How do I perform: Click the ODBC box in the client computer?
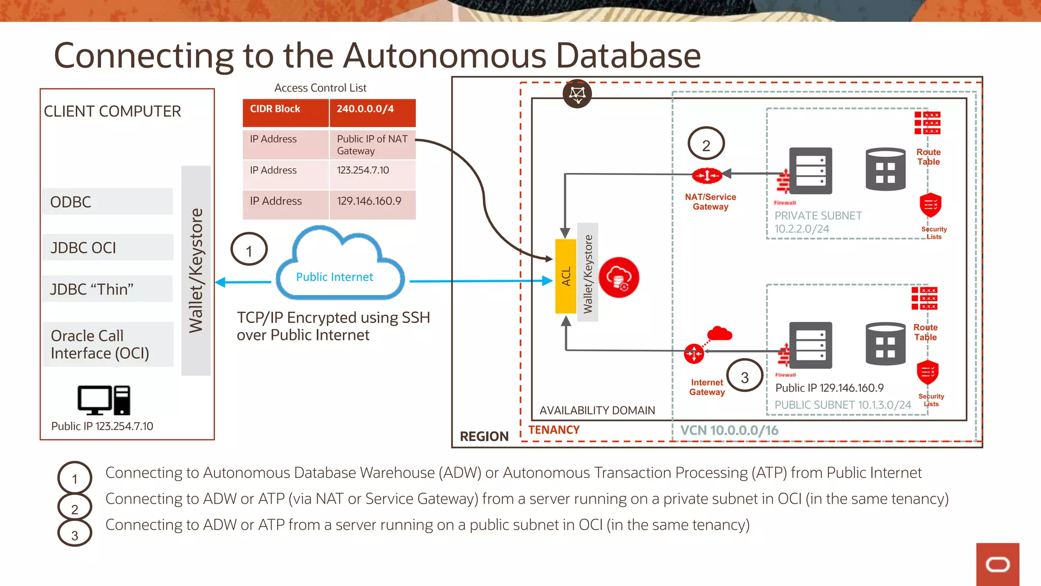coord(107,202)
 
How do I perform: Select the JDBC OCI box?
coord(107,248)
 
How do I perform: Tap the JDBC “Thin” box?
coord(107,289)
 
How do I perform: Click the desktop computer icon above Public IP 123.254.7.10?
coord(104,400)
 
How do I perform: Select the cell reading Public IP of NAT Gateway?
coord(372,145)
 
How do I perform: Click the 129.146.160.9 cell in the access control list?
coord(372,201)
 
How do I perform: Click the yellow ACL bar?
coord(566,276)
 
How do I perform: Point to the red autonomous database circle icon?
coord(619,277)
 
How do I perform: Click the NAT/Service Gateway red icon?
coord(707,176)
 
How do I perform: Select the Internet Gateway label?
coord(707,387)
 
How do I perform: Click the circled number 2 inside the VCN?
coord(706,144)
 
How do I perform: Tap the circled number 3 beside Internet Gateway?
coord(745,376)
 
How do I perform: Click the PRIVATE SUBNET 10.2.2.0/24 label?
coord(817,222)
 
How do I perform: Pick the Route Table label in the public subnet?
coord(925,332)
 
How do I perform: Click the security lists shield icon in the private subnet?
coord(930,205)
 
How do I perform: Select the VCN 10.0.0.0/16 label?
coord(729,431)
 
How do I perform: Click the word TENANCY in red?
coord(554,430)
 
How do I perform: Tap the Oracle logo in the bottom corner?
coord(997,564)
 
